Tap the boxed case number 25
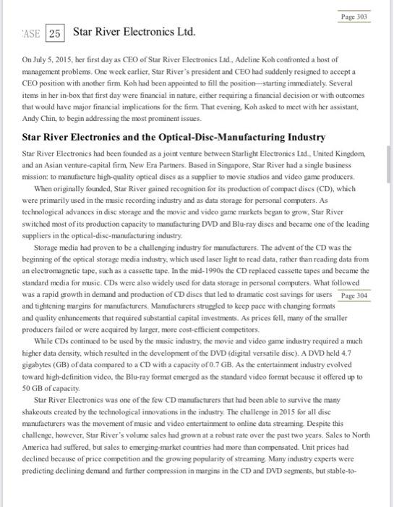[55, 33]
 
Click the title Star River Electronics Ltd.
[134, 33]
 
